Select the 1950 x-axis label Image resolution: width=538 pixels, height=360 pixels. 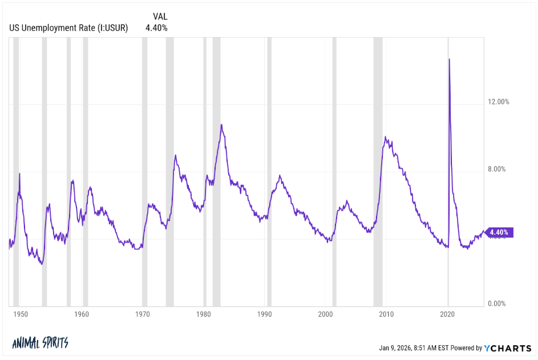click(20, 314)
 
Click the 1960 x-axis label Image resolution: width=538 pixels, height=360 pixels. click(82, 314)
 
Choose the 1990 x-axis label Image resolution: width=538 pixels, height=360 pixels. click(264, 314)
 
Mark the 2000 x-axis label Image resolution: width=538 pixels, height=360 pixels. click(325, 314)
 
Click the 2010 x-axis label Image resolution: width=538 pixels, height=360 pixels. click(386, 314)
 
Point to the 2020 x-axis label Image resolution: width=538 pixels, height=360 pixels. click(448, 314)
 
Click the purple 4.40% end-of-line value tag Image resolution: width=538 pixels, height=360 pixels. click(501, 232)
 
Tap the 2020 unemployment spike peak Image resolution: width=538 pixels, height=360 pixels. click(450, 59)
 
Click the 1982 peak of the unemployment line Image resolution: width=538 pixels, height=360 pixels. click(221, 125)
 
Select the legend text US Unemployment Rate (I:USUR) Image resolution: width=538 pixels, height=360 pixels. click(68, 27)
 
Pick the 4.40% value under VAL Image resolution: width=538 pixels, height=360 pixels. click(156, 27)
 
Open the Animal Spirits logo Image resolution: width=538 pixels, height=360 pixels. click(40, 343)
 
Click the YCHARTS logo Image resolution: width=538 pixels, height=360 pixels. click(508, 347)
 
